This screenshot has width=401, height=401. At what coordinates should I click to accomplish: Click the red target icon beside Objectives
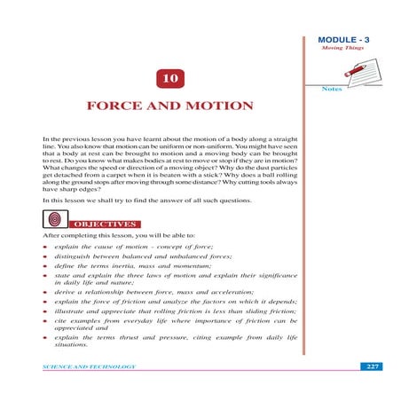tap(54, 218)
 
